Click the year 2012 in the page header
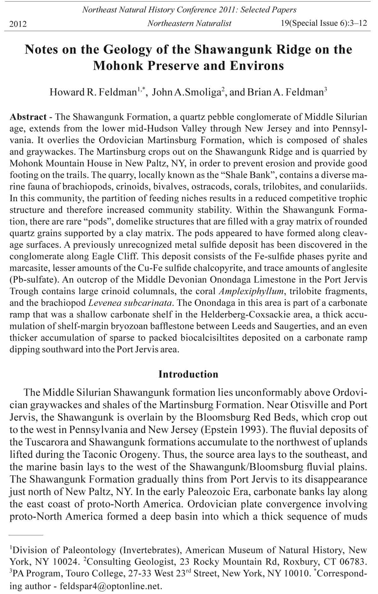point(18,24)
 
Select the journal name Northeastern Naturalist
point(189,23)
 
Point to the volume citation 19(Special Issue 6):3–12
point(324,23)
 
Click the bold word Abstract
point(28,117)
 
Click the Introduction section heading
point(188,374)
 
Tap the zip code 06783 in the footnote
point(352,562)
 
